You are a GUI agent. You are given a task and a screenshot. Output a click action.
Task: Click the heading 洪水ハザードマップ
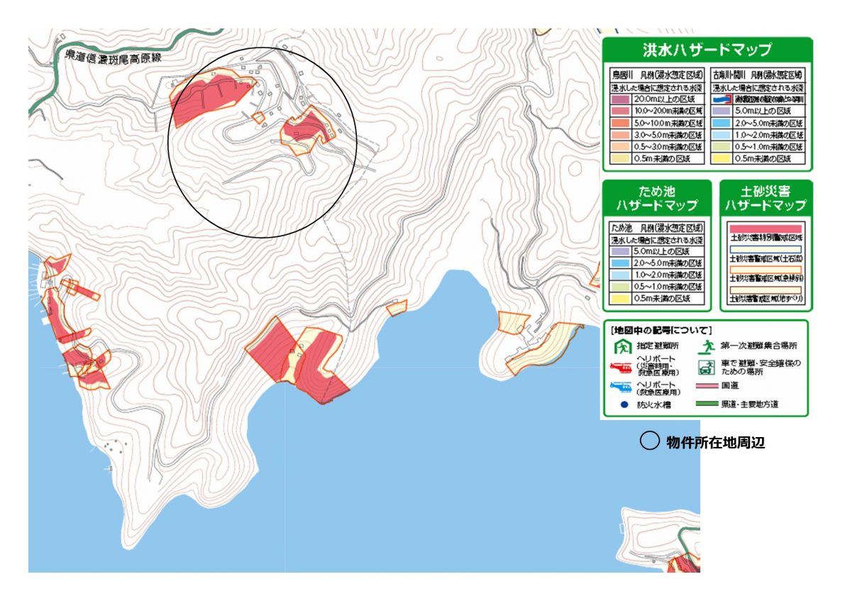[707, 50]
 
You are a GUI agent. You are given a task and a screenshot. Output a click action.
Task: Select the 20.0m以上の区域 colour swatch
[622, 99]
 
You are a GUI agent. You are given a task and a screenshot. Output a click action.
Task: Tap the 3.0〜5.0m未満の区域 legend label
[669, 134]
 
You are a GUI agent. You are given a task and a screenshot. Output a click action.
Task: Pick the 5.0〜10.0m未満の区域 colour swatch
[622, 123]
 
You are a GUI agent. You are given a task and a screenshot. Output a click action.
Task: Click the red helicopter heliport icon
[622, 367]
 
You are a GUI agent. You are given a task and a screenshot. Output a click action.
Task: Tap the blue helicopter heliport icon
[622, 387]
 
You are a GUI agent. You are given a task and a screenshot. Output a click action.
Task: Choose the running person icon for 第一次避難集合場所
[707, 347]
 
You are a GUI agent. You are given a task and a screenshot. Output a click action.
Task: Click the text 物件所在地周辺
[716, 442]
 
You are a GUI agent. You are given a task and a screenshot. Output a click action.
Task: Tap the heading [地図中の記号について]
[661, 330]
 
